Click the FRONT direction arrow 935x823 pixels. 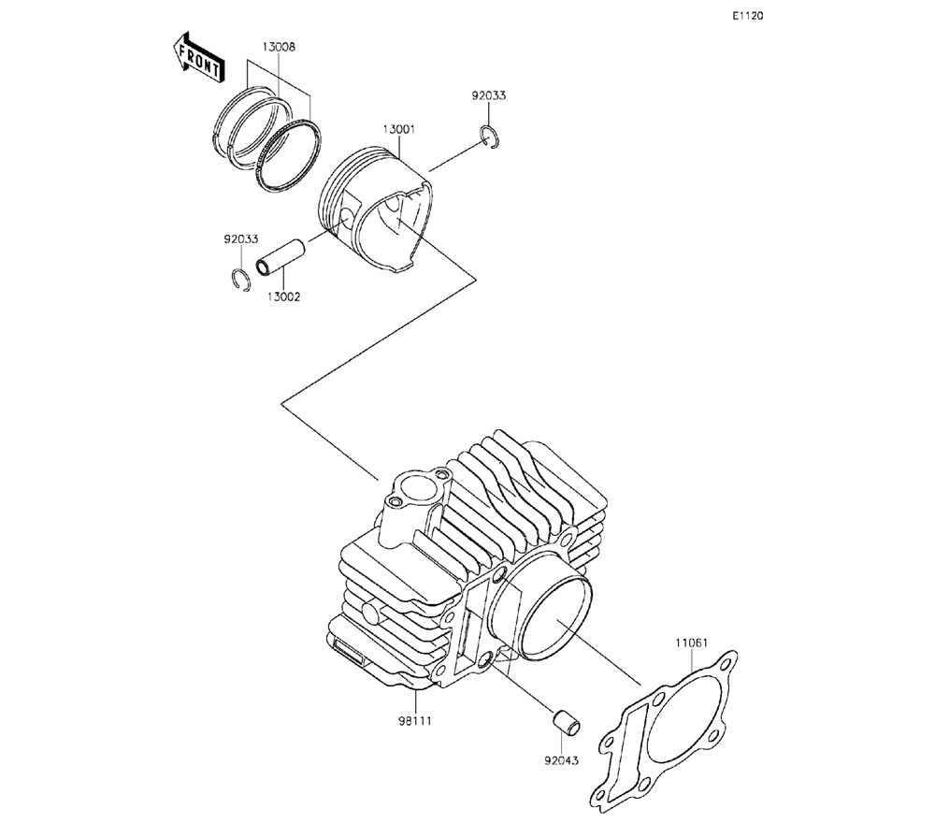point(198,58)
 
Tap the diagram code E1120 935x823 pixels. point(748,16)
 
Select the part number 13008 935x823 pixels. point(279,47)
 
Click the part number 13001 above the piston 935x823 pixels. point(398,129)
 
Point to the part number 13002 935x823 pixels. point(284,297)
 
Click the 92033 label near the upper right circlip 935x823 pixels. point(489,95)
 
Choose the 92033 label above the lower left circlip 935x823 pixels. point(241,239)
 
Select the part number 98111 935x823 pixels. point(414,721)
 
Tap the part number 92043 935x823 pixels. point(561,761)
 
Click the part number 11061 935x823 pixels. point(692,643)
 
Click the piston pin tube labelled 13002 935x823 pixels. point(280,257)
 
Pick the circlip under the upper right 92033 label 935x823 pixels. point(492,137)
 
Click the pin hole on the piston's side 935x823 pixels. point(349,216)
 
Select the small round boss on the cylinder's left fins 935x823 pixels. point(371,614)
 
